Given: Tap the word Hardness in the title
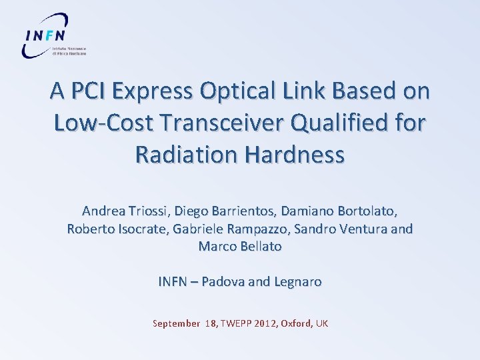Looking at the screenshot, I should (x=297, y=154).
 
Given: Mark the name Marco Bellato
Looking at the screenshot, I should (x=240, y=247).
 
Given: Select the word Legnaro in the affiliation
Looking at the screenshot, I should (x=295, y=282).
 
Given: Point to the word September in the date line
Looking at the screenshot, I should (x=176, y=324).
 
